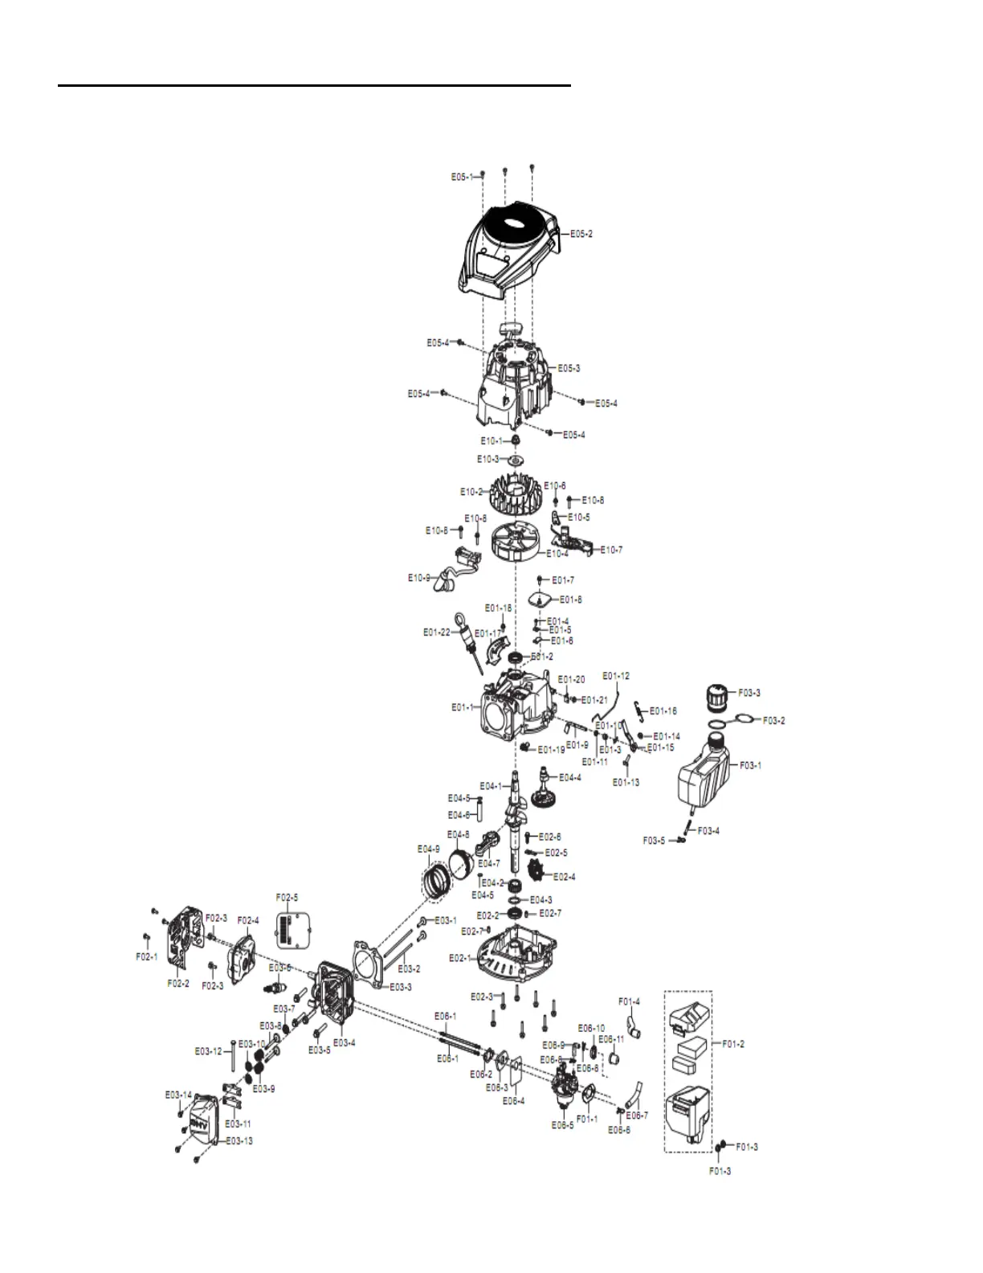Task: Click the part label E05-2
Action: coord(581,234)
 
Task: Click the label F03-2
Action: coord(773,720)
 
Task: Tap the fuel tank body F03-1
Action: coord(704,775)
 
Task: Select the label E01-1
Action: coord(463,708)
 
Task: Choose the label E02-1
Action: coord(459,958)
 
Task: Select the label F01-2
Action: coord(733,1044)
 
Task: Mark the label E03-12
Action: coord(208,1051)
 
